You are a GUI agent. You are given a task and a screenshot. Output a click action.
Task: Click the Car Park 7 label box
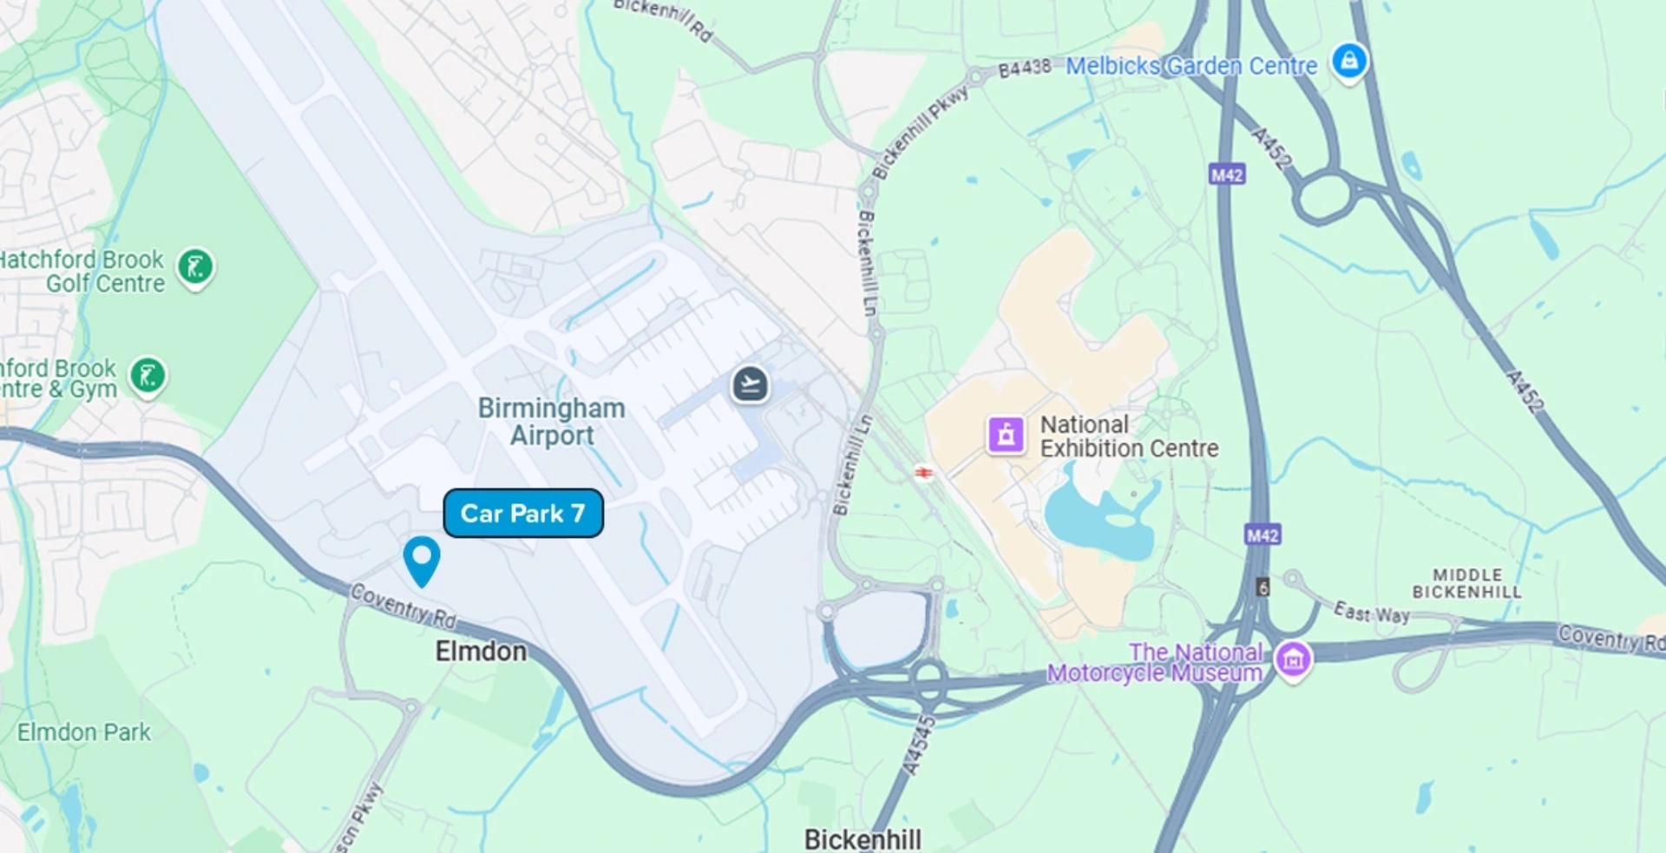click(x=522, y=513)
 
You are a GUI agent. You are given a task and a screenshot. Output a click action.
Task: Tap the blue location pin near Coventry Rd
click(x=422, y=557)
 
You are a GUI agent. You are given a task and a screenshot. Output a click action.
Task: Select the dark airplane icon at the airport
click(x=750, y=384)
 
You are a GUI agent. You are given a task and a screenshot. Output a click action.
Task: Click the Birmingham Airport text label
click(x=552, y=422)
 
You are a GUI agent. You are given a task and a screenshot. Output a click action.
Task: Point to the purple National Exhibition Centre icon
click(x=1006, y=435)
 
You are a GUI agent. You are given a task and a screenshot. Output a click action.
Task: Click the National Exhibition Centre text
click(x=1129, y=436)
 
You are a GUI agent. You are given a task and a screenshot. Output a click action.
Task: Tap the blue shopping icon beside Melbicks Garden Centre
click(x=1349, y=62)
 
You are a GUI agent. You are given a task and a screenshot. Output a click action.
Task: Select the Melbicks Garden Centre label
click(x=1190, y=66)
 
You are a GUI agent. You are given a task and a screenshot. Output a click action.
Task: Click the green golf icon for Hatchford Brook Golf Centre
click(x=195, y=267)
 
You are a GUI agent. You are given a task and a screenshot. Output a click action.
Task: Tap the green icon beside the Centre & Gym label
click(x=148, y=377)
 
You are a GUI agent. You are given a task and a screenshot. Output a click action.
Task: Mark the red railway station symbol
click(x=924, y=472)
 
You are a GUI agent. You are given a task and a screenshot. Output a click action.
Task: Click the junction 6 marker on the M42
click(x=1263, y=587)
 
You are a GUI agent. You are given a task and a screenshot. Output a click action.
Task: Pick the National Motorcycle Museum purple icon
click(x=1293, y=659)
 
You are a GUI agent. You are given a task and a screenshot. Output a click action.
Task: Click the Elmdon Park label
click(x=84, y=732)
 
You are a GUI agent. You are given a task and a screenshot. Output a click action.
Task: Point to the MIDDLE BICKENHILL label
click(x=1466, y=583)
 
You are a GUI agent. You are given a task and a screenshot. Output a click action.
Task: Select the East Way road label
click(x=1371, y=613)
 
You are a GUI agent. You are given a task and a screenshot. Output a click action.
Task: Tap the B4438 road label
click(x=1024, y=69)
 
